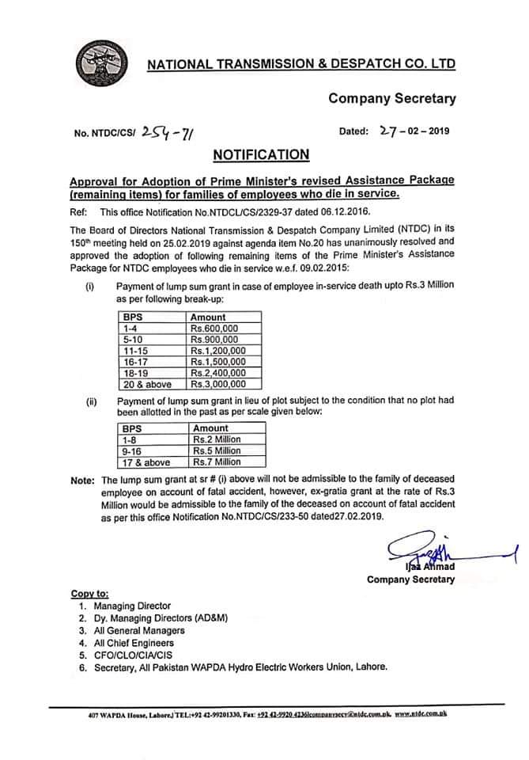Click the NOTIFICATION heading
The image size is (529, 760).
click(260, 154)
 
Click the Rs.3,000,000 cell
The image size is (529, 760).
click(217, 384)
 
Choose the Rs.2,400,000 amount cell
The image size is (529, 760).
click(217, 373)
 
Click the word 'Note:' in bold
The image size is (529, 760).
click(82, 481)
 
